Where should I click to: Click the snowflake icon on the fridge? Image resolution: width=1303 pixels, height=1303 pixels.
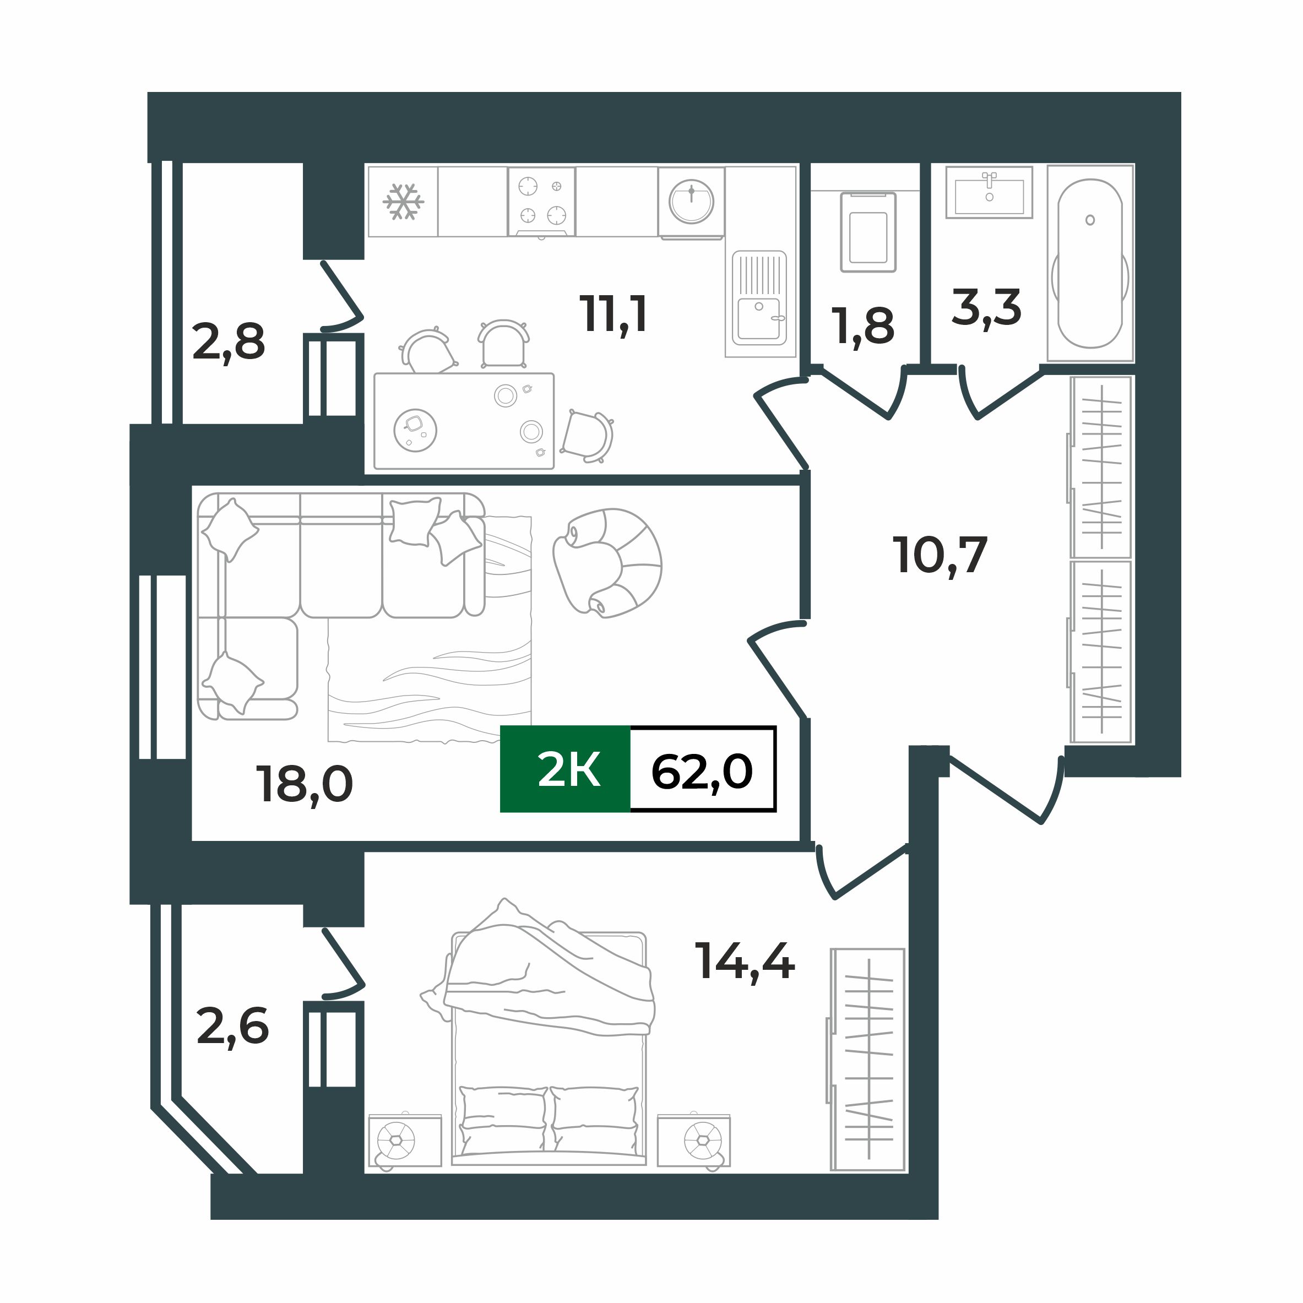click(403, 202)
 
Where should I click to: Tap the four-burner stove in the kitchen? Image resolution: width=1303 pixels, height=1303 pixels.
click(541, 201)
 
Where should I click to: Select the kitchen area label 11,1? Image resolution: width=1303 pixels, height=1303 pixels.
click(613, 314)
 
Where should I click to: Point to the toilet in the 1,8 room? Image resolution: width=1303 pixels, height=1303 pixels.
click(868, 232)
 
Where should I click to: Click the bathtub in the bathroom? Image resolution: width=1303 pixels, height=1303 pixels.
click(1090, 263)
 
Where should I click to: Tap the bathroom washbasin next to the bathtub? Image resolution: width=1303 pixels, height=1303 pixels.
click(989, 193)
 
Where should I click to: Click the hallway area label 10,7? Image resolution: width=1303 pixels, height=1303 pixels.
click(940, 556)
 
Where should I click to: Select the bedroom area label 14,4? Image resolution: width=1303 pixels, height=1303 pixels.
click(745, 961)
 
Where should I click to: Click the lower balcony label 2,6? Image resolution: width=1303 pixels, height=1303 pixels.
click(232, 1027)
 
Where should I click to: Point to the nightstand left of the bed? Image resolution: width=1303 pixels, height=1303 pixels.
click(405, 1141)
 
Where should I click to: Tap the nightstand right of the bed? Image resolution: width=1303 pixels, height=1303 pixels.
click(694, 1141)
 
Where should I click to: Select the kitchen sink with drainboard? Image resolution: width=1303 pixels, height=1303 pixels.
click(759, 297)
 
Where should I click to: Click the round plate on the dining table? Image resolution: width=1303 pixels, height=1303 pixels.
click(415, 430)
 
